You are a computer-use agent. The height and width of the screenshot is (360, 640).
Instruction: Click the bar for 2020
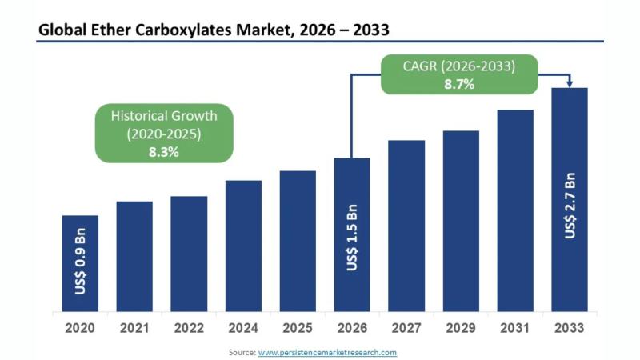(80, 264)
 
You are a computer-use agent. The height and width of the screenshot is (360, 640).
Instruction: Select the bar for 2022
(189, 254)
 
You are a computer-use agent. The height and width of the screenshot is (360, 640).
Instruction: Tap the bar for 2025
(298, 242)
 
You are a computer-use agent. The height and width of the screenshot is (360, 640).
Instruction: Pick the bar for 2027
(406, 226)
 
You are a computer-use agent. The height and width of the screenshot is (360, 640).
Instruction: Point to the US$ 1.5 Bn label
(353, 238)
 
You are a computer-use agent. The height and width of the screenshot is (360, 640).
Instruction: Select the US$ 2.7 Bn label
(570, 204)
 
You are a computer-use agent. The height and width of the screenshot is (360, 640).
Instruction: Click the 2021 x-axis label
(134, 328)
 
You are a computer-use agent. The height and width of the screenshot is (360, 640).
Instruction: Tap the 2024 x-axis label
(243, 328)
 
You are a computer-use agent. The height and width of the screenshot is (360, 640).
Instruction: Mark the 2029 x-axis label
(461, 328)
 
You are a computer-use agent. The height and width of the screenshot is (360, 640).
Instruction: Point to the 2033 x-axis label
(570, 328)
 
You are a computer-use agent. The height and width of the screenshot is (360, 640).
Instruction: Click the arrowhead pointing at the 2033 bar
(570, 82)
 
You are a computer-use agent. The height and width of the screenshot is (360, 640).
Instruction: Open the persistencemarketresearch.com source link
(327, 352)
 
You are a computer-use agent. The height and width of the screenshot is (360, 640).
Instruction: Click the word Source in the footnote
(241, 352)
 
